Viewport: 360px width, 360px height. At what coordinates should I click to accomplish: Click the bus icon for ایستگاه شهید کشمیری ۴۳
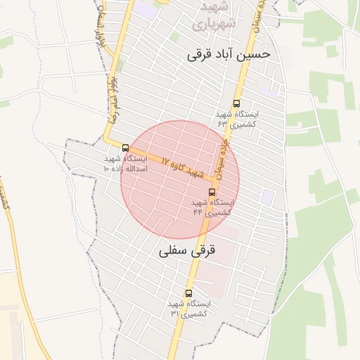(236, 103)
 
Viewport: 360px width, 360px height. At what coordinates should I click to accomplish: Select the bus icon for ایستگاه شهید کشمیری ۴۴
(212, 192)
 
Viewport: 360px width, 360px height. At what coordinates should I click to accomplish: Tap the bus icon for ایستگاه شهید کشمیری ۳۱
(188, 293)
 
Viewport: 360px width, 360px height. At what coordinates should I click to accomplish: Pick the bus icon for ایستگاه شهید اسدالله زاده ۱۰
(125, 148)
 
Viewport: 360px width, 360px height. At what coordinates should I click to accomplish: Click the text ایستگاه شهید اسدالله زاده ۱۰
(125, 164)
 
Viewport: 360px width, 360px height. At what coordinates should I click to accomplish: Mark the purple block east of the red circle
(267, 197)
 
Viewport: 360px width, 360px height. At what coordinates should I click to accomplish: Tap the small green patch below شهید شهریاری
(174, 37)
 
